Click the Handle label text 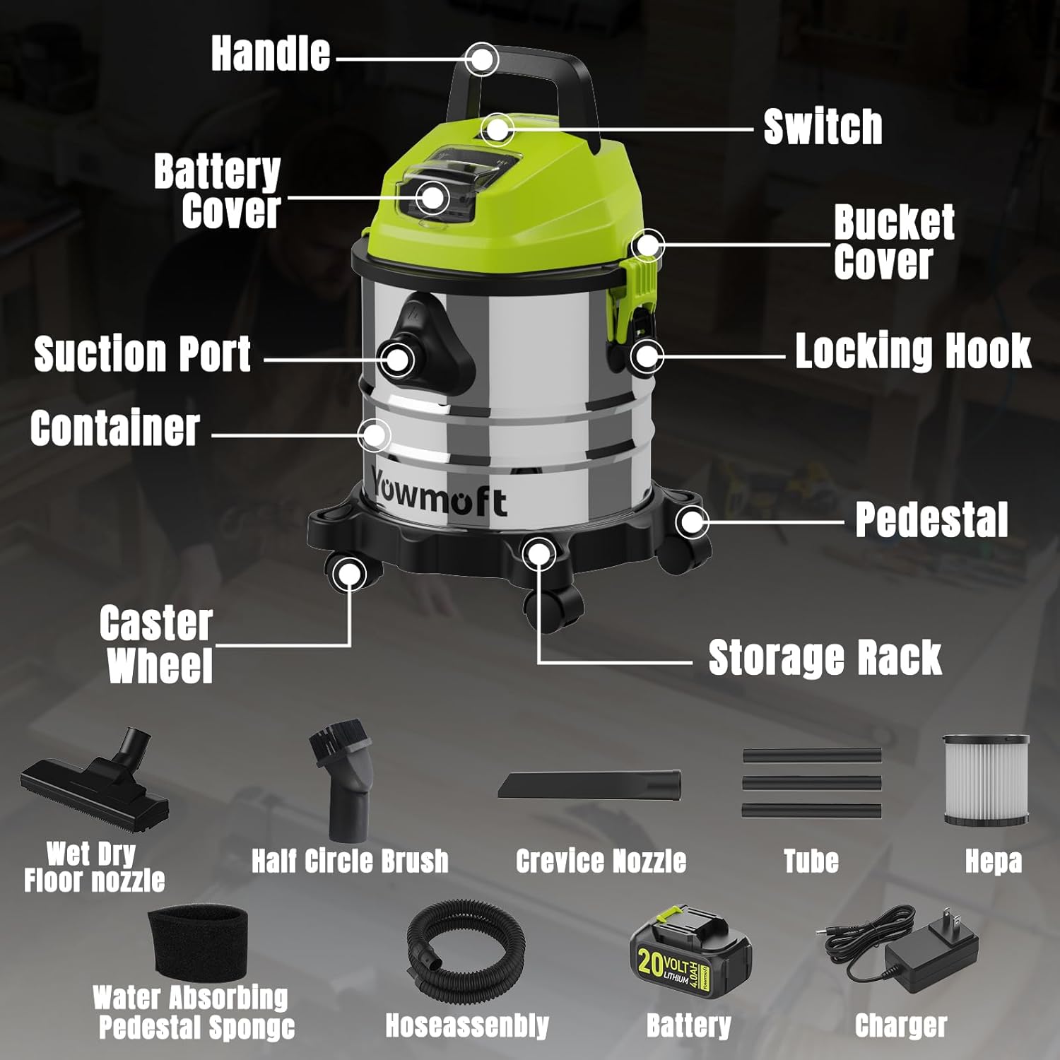coord(271,54)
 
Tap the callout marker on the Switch coord(497,129)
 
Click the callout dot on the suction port coord(398,359)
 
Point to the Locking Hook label coord(912,351)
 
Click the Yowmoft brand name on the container coord(439,495)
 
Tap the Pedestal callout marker coord(691,522)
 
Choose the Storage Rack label coord(824,658)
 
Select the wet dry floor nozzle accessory coord(95,784)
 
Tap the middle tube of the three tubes coord(811,783)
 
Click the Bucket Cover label coord(893,242)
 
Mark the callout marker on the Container coord(374,435)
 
